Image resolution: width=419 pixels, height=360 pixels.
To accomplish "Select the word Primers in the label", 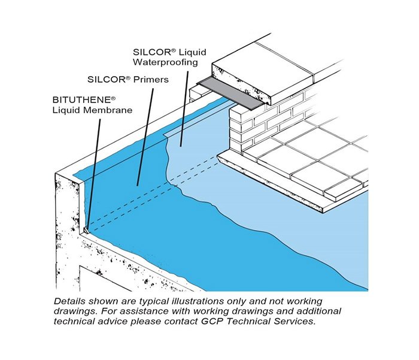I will pyautogui.click(x=152, y=79).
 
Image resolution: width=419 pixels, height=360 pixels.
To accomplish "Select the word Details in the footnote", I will pyautogui.click(x=68, y=300).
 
